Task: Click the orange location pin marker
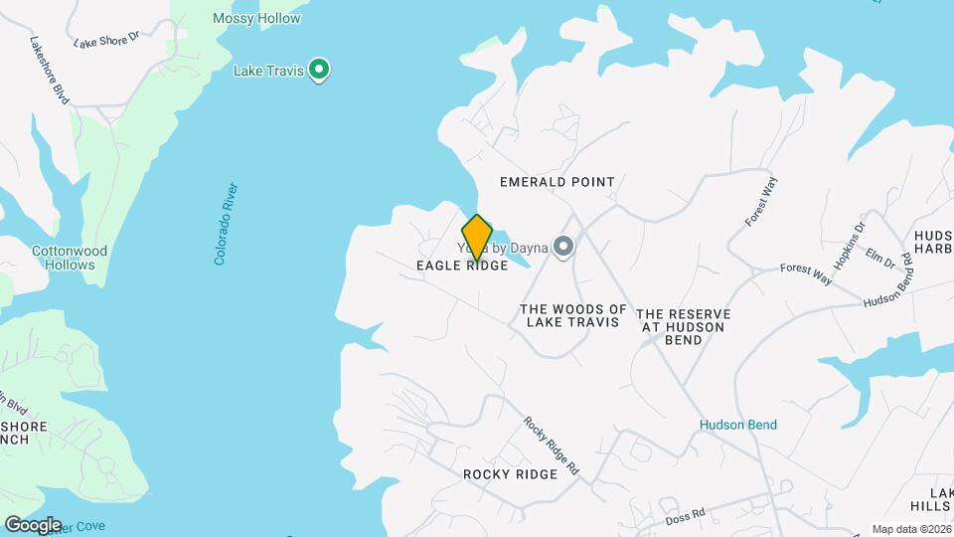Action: [x=477, y=238]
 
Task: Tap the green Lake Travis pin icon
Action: [x=319, y=70]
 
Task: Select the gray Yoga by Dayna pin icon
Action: [x=564, y=247]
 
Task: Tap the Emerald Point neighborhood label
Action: [x=556, y=182]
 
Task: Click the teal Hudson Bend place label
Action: [x=738, y=425]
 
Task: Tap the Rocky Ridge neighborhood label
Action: [x=510, y=474]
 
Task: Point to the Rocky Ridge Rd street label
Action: [x=552, y=447]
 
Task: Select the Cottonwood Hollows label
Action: [x=69, y=259]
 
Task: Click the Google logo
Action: [x=33, y=525]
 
